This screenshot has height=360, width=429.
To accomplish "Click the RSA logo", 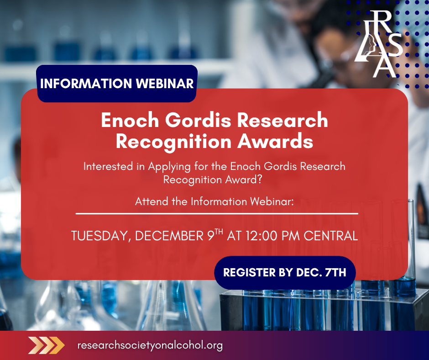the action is pyautogui.click(x=378, y=44).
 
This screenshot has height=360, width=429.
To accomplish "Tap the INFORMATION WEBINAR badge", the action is pyautogui.click(x=117, y=84).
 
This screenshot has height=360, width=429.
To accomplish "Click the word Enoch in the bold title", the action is pyautogui.click(x=130, y=120).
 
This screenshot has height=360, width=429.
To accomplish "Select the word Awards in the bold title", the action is pyautogui.click(x=275, y=141).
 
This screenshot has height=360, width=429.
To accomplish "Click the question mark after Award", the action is pyautogui.click(x=260, y=180).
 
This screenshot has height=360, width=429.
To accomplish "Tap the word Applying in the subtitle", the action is pyautogui.click(x=169, y=167).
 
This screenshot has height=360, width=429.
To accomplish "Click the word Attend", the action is pyautogui.click(x=152, y=201).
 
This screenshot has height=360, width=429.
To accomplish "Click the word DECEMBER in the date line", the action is pyautogui.click(x=169, y=236).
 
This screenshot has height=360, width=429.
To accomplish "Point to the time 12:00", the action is pyautogui.click(x=262, y=236).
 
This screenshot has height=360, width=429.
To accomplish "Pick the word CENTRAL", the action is pyautogui.click(x=331, y=236).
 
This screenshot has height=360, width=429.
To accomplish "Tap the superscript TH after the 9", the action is pyautogui.click(x=219, y=232).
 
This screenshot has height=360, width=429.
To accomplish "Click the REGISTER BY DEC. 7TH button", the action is pyautogui.click(x=285, y=273).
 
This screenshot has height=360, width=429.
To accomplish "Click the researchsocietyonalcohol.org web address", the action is pyautogui.click(x=150, y=345).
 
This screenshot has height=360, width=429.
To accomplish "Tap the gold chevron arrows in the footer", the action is pyautogui.click(x=46, y=345).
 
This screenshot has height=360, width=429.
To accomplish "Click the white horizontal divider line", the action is pyautogui.click(x=217, y=213).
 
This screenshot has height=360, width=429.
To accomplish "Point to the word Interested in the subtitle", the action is pyautogui.click(x=108, y=166).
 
